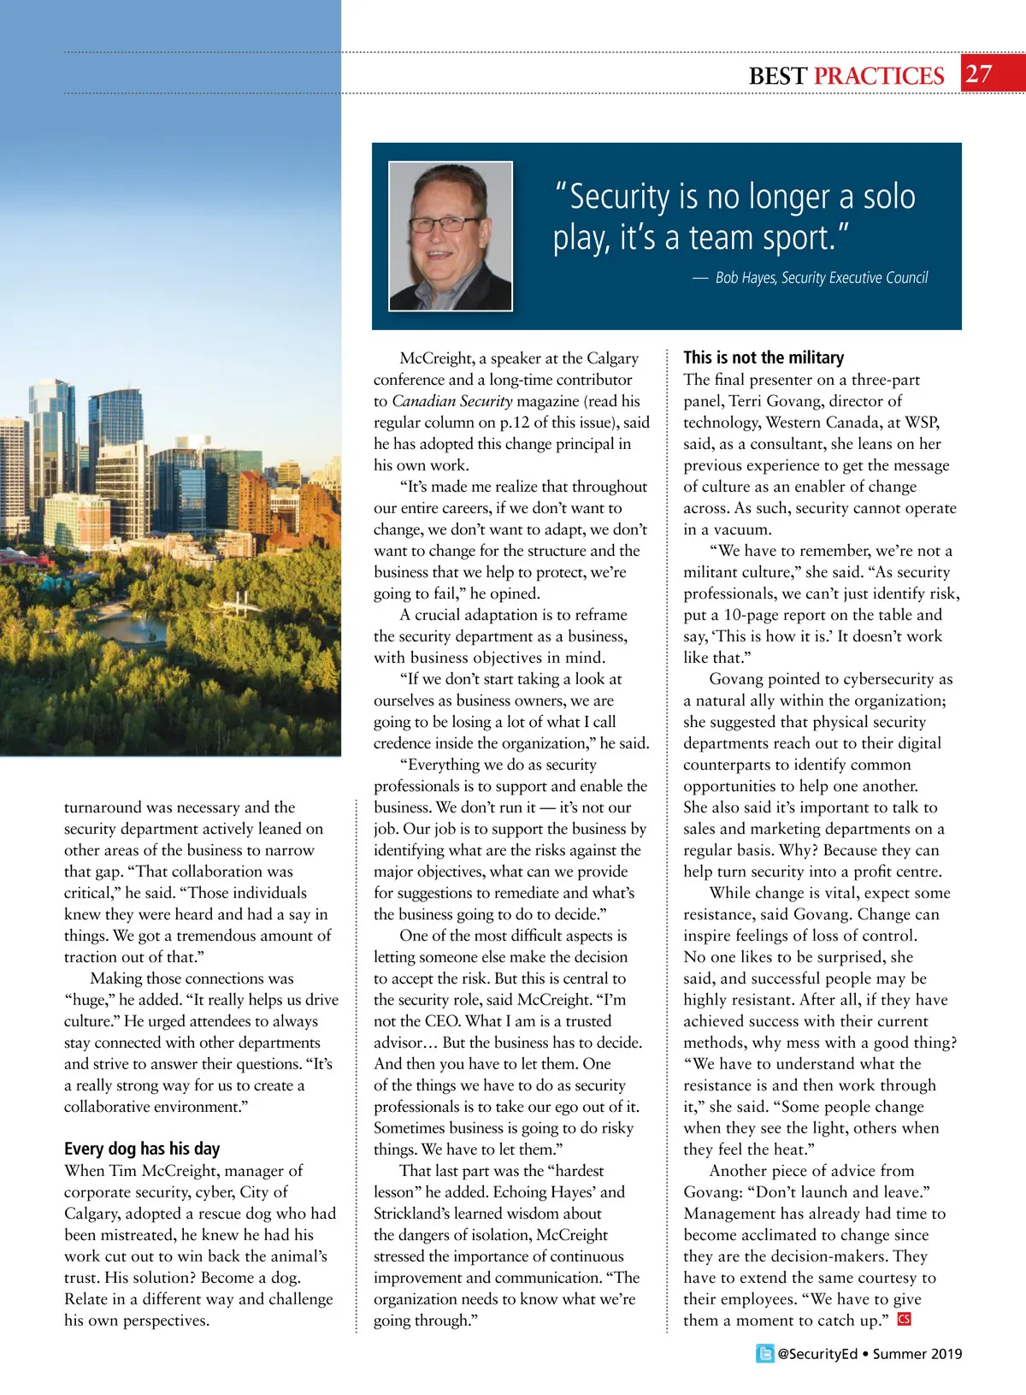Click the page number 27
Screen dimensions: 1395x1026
[979, 74]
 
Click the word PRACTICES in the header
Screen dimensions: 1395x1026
[879, 76]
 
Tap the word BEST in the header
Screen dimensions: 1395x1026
[777, 76]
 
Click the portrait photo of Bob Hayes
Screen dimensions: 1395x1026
[451, 235]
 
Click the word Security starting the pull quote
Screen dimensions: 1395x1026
[619, 197]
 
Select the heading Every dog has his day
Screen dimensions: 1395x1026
[142, 1149]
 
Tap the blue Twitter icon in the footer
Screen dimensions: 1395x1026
[765, 1354]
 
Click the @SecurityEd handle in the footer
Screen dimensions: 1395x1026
[817, 1354]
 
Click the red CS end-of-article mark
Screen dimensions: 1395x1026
[904, 1320]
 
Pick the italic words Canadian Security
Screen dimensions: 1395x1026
[452, 401]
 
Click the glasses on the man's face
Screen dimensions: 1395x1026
[445, 225]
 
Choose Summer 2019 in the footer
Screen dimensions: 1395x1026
[917, 1354]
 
